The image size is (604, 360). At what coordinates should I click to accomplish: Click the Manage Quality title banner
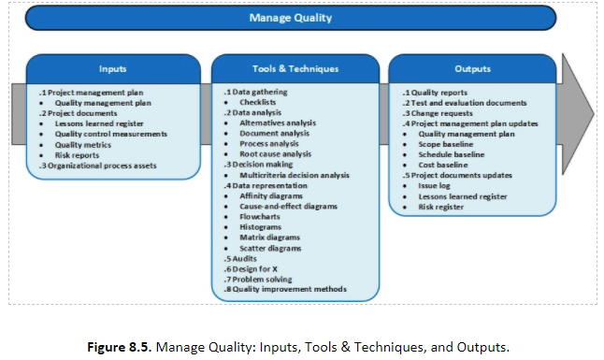point(290,18)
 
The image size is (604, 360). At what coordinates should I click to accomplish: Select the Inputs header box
point(112,69)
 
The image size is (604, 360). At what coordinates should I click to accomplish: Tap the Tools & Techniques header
point(295,69)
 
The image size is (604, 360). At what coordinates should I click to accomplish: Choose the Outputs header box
point(472,69)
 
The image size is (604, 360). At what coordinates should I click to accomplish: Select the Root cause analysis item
point(276,153)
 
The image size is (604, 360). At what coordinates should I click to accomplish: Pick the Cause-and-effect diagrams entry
point(286,206)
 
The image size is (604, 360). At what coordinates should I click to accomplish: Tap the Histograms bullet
point(262,227)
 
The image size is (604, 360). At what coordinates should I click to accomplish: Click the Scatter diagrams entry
point(270,248)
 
